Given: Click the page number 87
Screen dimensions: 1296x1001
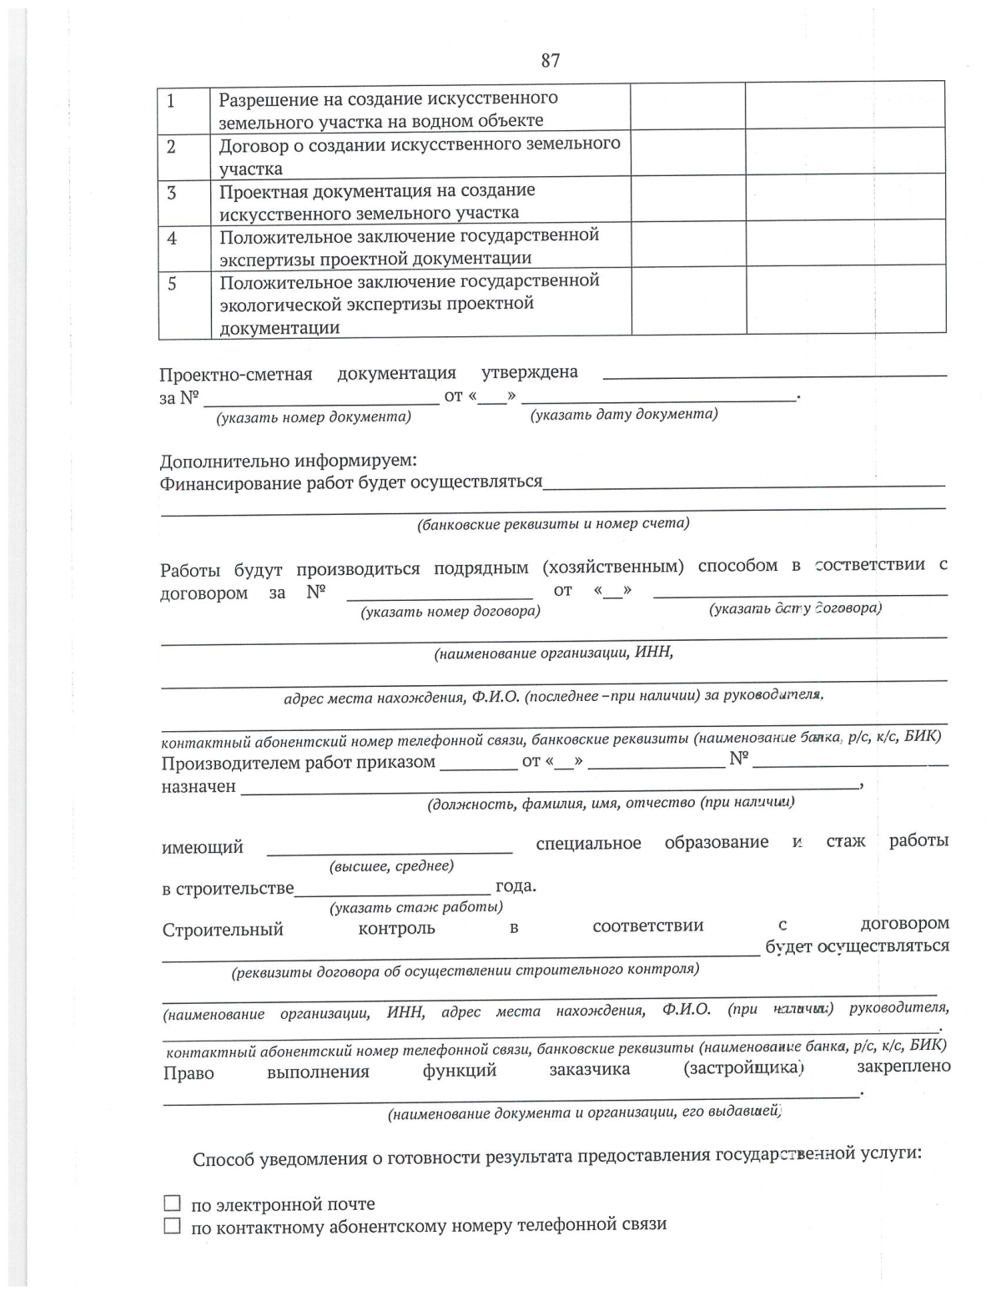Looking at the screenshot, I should click(551, 60).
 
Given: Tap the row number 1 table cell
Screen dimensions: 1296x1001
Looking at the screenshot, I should click(171, 102).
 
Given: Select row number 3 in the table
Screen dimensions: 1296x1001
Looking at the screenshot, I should click(172, 194).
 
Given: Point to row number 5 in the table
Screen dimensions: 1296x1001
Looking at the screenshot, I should click(172, 284).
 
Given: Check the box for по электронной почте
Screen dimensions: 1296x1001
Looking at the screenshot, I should click(172, 1203).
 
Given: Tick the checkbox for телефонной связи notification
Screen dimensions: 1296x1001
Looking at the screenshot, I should click(172, 1226).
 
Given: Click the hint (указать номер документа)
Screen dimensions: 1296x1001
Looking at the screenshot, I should click(314, 417).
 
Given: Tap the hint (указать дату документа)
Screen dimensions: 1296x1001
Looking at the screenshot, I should click(624, 415).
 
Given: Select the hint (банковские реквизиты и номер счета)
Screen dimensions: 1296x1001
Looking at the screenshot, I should click(553, 524).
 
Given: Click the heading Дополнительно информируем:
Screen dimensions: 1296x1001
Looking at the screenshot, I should click(288, 461).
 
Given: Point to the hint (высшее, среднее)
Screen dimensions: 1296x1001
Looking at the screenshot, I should click(392, 866).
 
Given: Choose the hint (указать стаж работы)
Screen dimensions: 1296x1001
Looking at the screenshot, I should click(416, 907).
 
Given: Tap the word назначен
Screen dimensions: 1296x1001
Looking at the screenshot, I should click(199, 786).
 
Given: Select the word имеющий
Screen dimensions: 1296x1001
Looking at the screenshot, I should click(203, 848).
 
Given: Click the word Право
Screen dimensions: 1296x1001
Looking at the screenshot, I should click(189, 1073).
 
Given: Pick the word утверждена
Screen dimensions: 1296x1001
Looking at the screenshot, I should click(530, 372).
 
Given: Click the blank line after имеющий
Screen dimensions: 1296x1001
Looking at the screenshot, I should click(390, 850).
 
